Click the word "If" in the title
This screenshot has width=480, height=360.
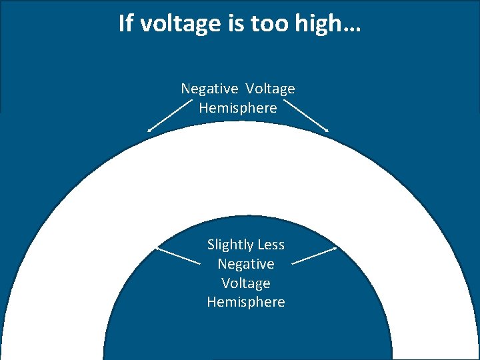[125, 23]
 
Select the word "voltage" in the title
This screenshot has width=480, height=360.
[172, 23]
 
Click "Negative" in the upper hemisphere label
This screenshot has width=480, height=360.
[209, 89]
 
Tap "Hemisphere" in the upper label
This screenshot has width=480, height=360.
[238, 108]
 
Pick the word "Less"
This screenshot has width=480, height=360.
[270, 245]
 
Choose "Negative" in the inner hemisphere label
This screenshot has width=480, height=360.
[246, 264]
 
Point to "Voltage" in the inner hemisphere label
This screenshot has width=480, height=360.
[246, 283]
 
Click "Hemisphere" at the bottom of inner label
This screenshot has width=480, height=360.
[246, 302]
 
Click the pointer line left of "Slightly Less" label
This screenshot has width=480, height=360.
[178, 255]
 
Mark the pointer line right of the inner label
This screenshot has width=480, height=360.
[314, 255]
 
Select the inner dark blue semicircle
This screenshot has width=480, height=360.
[246, 333]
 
